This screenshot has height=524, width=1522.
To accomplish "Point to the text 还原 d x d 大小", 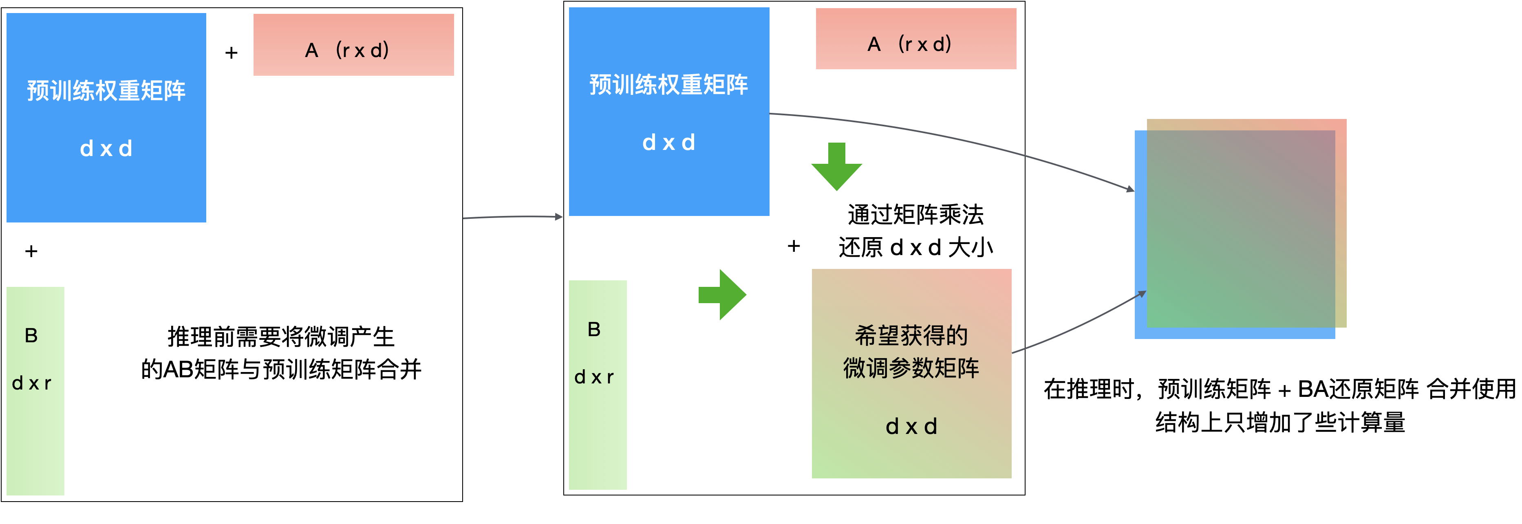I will pos(915,247).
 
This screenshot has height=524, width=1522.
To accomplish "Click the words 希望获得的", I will pos(911,336).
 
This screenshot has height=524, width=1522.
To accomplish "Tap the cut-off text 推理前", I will pos(195,337).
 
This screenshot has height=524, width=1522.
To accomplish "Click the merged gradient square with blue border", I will pos(1241,230).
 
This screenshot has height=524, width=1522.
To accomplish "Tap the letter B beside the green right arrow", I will pos(594,330).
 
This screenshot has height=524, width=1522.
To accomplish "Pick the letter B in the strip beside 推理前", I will pos(31,336).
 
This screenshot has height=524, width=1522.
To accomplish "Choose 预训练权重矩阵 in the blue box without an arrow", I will pos(106,91).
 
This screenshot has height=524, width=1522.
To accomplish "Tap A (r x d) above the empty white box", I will pos(347,50).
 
